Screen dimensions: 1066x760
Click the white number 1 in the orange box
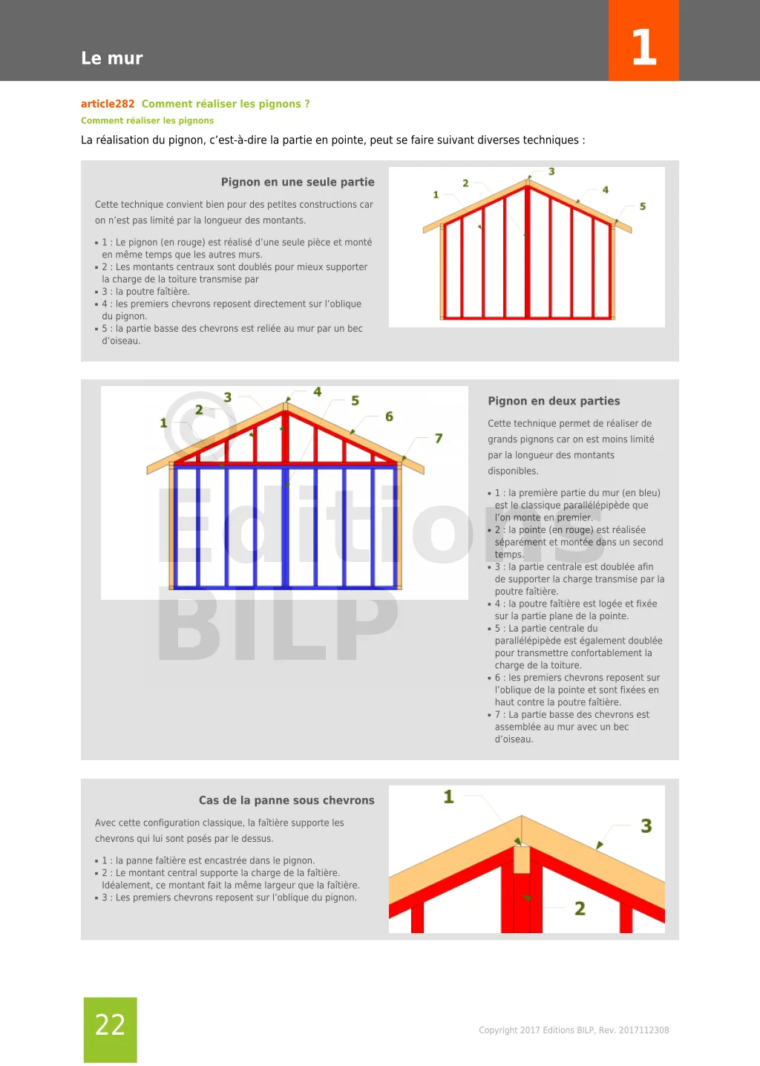coord(643,48)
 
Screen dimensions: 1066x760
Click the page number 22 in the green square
coord(110,1024)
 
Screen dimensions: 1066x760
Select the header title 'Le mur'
coord(112,58)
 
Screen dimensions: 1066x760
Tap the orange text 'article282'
coord(108,104)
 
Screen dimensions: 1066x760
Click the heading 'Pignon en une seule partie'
coord(298,182)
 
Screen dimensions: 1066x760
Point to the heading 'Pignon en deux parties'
coord(554,401)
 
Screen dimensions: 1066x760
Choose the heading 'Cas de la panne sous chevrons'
coord(286,800)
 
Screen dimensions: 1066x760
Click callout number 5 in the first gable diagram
coord(643,206)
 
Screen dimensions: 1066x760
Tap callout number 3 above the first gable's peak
coord(551,171)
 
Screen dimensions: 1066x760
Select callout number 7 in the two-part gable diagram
coord(439,439)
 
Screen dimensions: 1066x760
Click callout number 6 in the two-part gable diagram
coord(389,416)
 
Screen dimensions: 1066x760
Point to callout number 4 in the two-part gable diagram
coord(318,392)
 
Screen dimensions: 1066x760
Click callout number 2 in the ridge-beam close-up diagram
coord(580,909)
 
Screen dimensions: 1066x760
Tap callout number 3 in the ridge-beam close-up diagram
coord(646,826)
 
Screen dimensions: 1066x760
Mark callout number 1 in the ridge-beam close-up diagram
coord(448,797)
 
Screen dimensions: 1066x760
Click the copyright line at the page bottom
coord(574,1030)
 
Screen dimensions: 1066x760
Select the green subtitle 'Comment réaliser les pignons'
coord(147,120)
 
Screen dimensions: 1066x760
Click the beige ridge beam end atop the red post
coord(522,859)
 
